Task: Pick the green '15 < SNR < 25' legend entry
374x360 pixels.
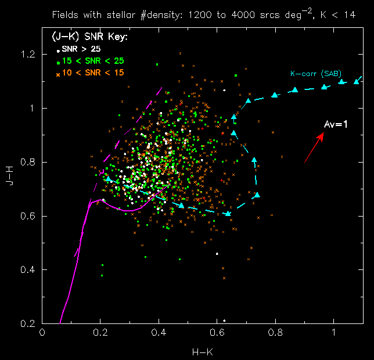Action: point(90,60)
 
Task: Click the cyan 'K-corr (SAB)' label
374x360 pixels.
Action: point(316,74)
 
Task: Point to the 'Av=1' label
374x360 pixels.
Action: point(335,125)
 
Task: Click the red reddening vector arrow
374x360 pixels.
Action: point(314,147)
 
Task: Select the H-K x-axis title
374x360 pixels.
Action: point(201,351)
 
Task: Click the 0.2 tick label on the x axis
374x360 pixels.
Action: point(100,333)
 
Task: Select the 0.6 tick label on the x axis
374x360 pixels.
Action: point(217,333)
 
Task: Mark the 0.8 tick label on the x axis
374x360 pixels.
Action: point(275,333)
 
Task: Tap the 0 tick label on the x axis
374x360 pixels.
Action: point(42,333)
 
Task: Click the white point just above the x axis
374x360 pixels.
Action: point(224,320)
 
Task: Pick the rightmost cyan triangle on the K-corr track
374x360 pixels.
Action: point(357,81)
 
